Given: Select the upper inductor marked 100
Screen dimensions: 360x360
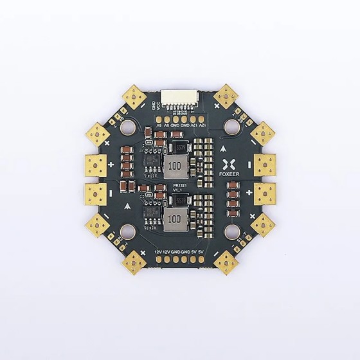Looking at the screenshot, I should (174, 169).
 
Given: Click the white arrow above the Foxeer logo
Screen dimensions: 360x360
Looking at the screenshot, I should (222, 147).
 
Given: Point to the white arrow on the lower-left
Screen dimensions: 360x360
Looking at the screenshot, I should (130, 206).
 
